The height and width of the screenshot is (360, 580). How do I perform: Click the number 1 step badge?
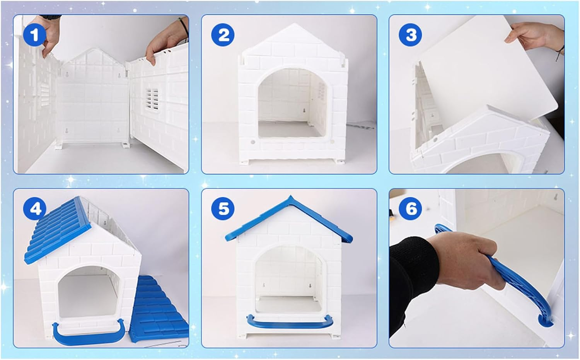tap(35, 35)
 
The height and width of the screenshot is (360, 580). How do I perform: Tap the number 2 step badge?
tap(223, 35)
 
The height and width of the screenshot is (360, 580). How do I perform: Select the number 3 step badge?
tap(411, 35)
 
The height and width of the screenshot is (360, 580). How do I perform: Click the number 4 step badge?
tap(35, 209)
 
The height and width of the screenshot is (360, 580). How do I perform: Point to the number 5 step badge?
tap(223, 209)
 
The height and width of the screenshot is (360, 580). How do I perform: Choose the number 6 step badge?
tap(411, 209)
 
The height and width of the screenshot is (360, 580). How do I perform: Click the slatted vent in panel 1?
tap(152, 99)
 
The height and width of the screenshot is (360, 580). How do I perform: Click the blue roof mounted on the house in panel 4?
tap(58, 230)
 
